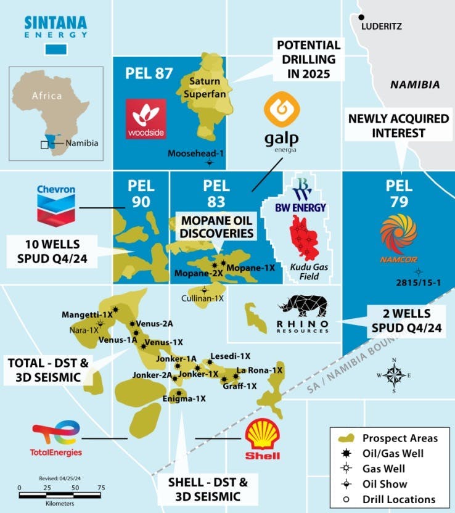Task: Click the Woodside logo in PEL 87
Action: click(x=146, y=118)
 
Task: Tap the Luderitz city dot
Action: click(x=362, y=17)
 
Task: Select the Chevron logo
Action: click(x=55, y=204)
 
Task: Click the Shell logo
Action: click(x=263, y=440)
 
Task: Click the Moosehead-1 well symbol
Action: click(x=210, y=163)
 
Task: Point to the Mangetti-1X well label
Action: click(x=87, y=314)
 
